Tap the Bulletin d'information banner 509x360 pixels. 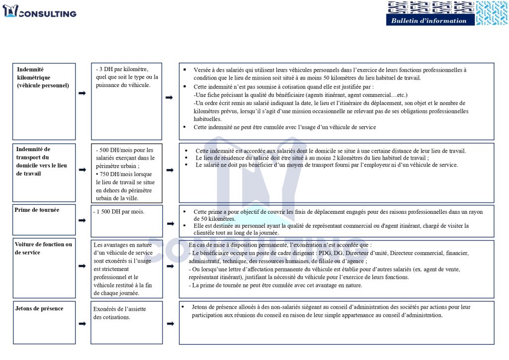click(x=428, y=20)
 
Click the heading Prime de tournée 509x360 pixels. click(x=37, y=210)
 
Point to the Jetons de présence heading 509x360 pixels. click(x=39, y=308)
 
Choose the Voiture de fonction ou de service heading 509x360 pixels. click(x=43, y=248)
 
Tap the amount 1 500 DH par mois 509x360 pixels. click(x=119, y=211)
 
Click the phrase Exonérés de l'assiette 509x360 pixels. click(x=120, y=309)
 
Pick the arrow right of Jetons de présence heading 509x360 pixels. click(x=82, y=324)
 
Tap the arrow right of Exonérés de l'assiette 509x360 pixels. click(x=170, y=324)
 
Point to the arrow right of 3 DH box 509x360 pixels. click(x=170, y=97)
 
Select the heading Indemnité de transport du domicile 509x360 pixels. click(x=41, y=161)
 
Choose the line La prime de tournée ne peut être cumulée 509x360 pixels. click(x=275, y=285)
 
